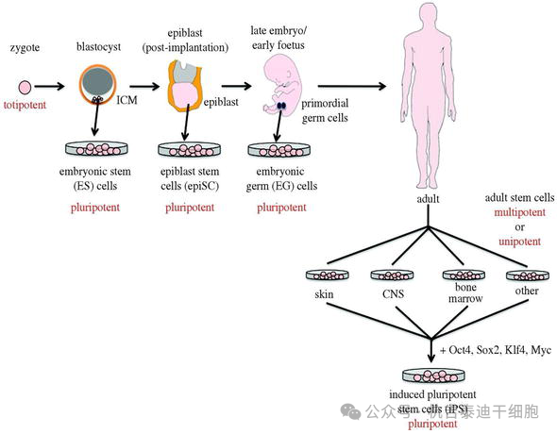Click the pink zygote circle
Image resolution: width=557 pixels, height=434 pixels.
25,88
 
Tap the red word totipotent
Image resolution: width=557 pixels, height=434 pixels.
25,105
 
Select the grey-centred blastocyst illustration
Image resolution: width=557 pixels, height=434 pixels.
97,84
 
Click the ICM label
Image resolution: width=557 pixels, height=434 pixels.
127,100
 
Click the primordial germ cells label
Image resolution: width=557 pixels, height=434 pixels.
325,110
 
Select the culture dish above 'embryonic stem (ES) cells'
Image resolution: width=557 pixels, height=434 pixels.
96,148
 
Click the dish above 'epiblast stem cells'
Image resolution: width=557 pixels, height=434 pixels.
190,149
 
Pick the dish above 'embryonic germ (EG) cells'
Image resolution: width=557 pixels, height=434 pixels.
279,150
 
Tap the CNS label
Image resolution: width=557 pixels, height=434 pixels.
394,293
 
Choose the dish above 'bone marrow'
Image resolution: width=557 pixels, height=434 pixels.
464,275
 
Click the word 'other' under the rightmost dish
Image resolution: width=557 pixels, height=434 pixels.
527,291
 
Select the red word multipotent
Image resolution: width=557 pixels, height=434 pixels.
519,212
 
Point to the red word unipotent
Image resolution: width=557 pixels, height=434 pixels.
519,242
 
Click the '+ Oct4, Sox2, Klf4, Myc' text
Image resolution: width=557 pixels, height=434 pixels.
496,350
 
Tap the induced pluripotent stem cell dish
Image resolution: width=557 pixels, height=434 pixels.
433,376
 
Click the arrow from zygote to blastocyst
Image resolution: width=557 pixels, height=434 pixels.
49,86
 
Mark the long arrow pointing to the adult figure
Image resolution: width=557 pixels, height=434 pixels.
352,86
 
